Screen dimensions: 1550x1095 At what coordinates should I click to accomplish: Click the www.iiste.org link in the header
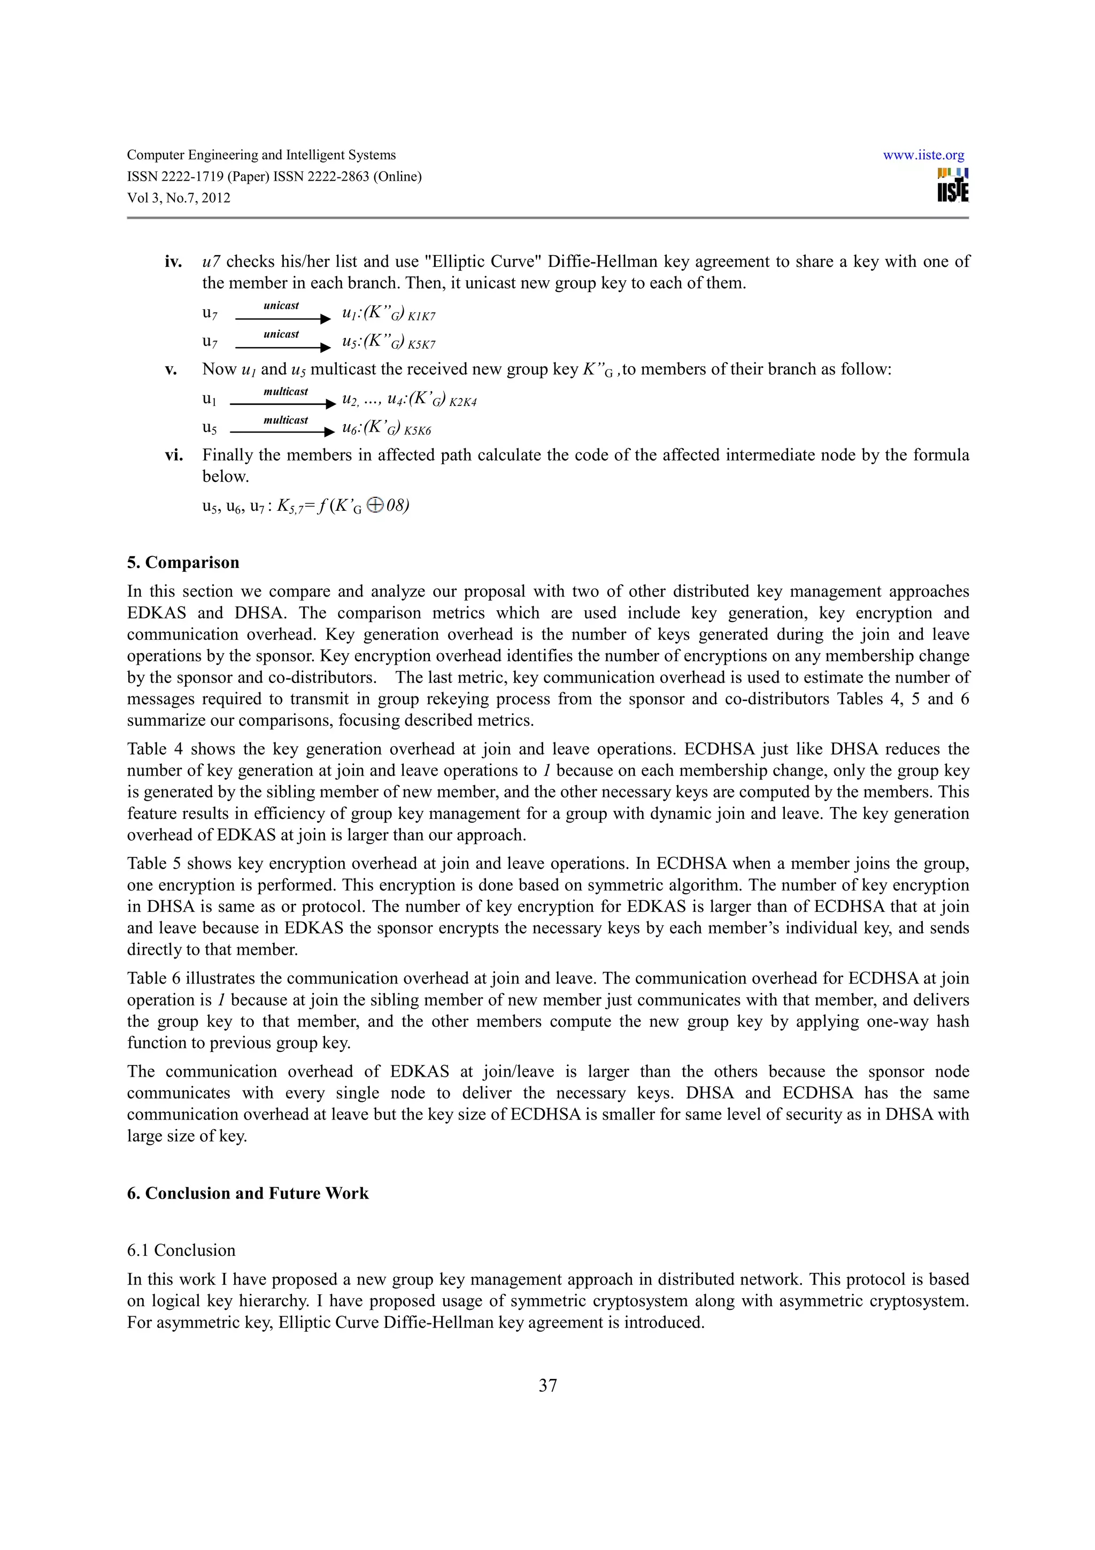coord(923,155)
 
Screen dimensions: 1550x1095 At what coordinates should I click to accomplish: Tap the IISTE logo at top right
coord(953,185)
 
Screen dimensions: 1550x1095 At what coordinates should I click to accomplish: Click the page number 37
coord(547,1385)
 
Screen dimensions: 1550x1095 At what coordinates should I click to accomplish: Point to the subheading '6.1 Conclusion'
coord(181,1250)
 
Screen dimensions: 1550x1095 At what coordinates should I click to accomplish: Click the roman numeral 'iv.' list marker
coord(173,262)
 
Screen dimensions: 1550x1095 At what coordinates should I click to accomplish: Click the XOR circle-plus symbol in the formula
coord(375,505)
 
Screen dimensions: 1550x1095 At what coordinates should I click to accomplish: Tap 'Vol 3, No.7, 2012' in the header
coord(179,198)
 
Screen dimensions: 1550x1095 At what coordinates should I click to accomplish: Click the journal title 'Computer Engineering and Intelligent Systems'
coord(261,155)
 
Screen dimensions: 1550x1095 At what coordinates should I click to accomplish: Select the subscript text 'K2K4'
coord(463,403)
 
